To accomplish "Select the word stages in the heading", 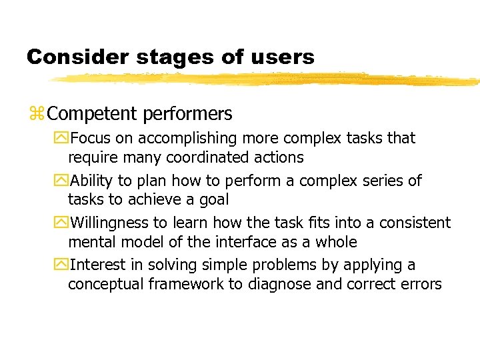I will pos(175,57).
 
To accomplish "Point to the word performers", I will pos(187,114).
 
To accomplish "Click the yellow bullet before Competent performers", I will pos(36,115).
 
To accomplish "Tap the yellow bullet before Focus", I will pos(63,139).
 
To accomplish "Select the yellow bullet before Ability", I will pos(63,181).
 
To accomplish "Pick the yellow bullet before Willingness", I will pos(63,223).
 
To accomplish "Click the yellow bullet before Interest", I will pos(63,265).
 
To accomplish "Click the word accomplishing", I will pos(178,139).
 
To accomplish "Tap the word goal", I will pos(213,200).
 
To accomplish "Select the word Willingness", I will pos(110,223).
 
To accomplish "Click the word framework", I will pos(179,285).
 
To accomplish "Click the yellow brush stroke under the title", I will pos(267,79).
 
